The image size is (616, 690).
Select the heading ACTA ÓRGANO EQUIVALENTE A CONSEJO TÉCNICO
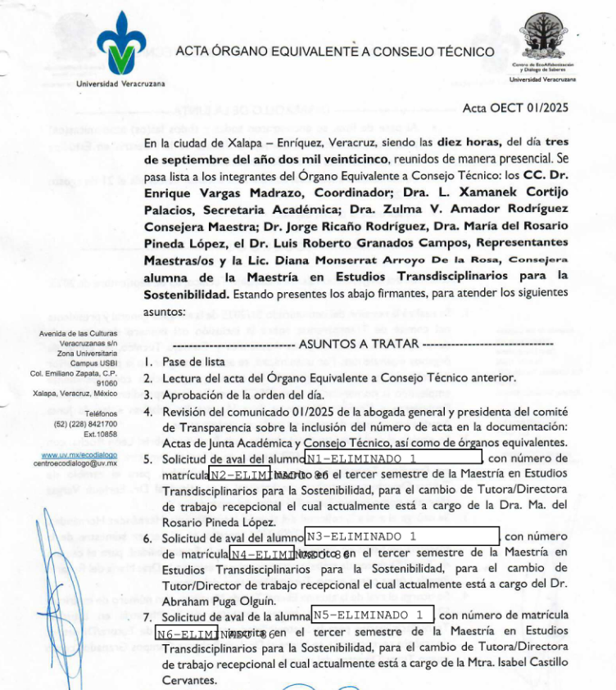pyautogui.click(x=334, y=52)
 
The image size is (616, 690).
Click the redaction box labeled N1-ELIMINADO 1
pyautogui.click(x=393, y=458)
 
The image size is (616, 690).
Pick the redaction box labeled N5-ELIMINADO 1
pyautogui.click(x=373, y=615)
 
